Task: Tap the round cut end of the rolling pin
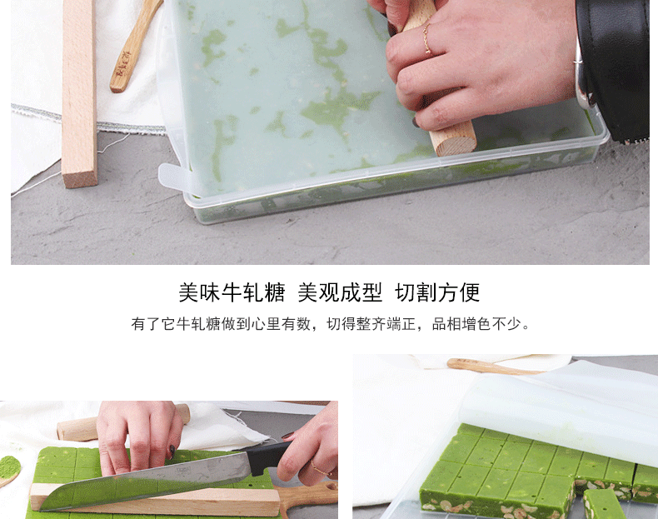pyautogui.click(x=456, y=142)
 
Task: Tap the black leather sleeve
pyautogui.click(x=616, y=63)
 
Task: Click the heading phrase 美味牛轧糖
pyautogui.click(x=232, y=292)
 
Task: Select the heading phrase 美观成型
pyautogui.click(x=340, y=292)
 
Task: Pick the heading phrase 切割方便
pyautogui.click(x=436, y=292)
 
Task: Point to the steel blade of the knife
pyautogui.click(x=147, y=482)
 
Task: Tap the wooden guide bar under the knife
pyautogui.click(x=155, y=499)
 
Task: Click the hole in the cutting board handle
pyautogui.click(x=331, y=487)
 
